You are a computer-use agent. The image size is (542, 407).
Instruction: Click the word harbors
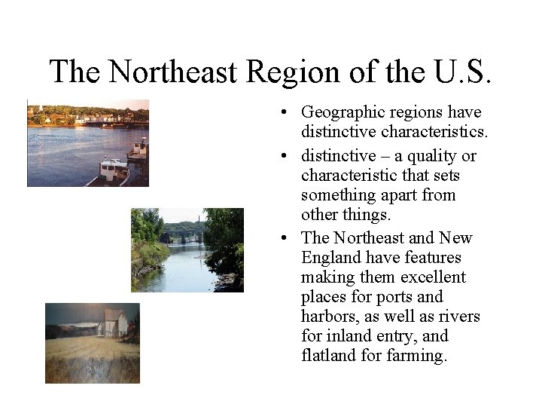coord(332,317)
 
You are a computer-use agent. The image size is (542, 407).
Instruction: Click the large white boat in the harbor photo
coord(109,170)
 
